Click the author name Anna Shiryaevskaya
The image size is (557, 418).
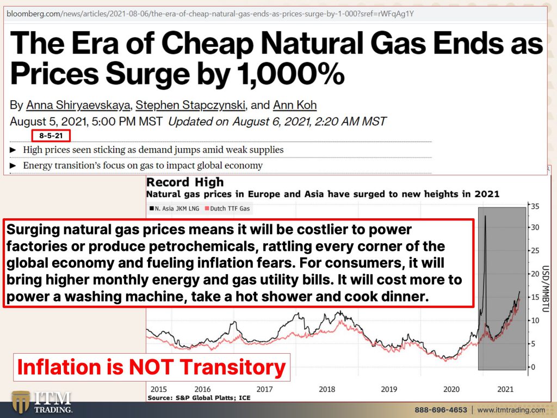(78, 105)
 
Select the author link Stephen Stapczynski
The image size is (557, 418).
(190, 105)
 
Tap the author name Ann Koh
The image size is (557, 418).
(295, 105)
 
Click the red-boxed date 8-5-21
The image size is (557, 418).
(51, 136)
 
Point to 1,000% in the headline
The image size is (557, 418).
(290, 74)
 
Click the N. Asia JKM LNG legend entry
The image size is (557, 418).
(174, 208)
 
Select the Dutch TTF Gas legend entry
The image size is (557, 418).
(227, 208)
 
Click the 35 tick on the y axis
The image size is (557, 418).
(535, 206)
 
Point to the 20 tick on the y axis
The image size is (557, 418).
(535, 274)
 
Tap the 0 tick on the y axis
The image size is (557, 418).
(533, 367)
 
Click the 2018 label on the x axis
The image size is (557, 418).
(327, 389)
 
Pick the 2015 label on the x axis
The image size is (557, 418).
(158, 389)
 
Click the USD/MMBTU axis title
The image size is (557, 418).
(546, 288)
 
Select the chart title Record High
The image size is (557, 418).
(185, 182)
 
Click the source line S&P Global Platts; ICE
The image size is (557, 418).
(199, 398)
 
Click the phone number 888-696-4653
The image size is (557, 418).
(441, 410)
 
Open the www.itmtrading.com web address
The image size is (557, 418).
(511, 410)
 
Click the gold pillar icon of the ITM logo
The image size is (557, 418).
(21, 402)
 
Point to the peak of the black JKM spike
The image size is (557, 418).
(485, 216)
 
